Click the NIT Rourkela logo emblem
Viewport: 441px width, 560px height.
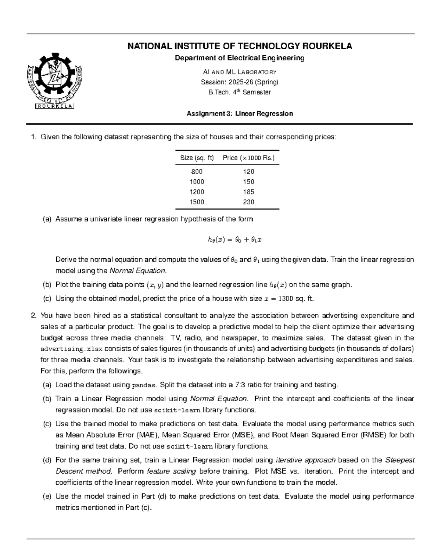point(55,82)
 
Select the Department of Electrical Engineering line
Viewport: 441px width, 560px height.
point(240,58)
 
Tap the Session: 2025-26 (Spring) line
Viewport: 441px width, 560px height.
point(240,82)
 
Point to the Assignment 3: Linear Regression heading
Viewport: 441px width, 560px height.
point(240,114)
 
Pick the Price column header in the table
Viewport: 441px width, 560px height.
point(249,158)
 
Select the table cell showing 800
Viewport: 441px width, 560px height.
point(197,172)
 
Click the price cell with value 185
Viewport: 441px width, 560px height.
point(248,192)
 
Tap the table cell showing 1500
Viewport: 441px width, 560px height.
point(197,202)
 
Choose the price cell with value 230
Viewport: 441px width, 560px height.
point(248,202)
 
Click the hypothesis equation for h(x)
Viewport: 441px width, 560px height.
point(234,240)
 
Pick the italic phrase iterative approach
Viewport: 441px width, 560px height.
point(305,460)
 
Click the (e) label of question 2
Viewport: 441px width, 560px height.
point(47,496)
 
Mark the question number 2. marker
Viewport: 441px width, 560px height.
point(34,316)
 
